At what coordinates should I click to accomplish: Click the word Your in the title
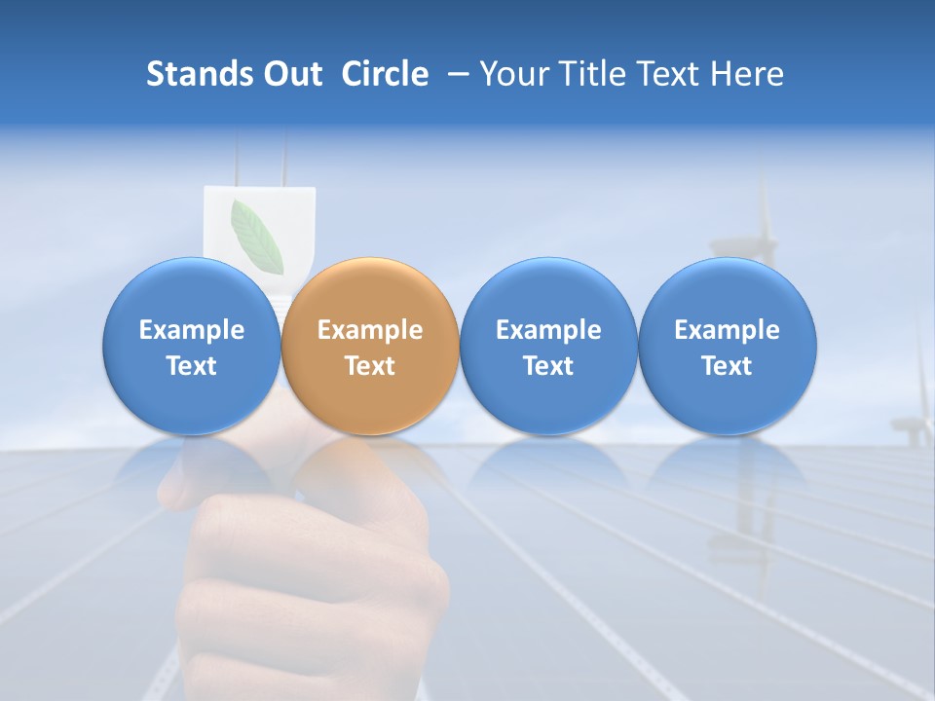click(513, 74)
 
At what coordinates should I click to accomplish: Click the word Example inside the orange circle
click(370, 330)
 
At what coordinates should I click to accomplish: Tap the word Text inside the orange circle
click(370, 366)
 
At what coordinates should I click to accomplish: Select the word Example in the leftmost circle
click(192, 330)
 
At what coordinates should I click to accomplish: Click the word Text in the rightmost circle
click(727, 366)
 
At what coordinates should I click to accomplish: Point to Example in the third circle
click(548, 330)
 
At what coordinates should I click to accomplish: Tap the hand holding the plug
click(312, 565)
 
